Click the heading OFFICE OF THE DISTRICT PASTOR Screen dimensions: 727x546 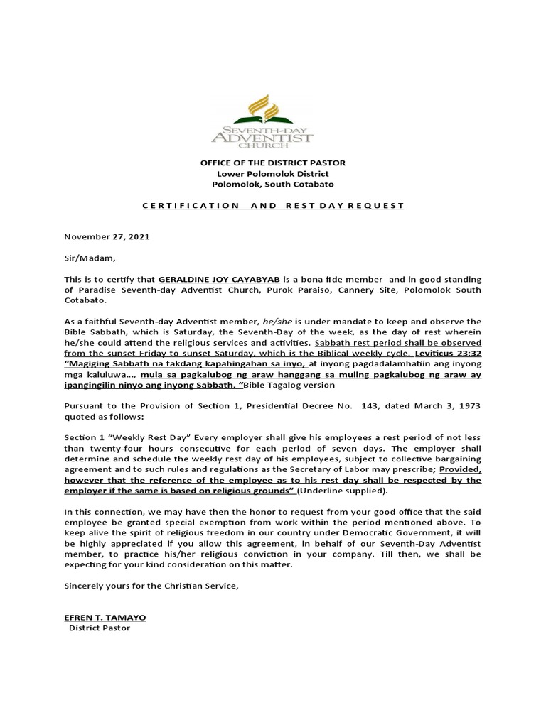(272, 164)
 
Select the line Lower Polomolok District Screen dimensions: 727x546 (272, 174)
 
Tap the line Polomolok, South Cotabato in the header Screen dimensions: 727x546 (272, 184)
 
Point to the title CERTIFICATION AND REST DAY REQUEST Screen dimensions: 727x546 (272, 206)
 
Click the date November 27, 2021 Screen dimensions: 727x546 (107, 236)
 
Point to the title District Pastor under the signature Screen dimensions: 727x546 (100, 628)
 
